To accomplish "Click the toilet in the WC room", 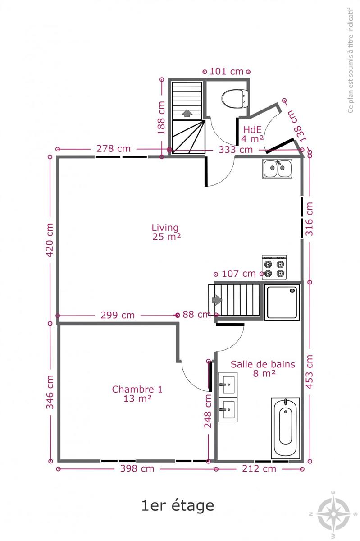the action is pos(234,99).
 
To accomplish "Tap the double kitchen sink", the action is pos(277,168).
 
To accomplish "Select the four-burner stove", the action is pos(274,267).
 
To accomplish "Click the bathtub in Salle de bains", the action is pos(285,428).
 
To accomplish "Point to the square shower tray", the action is pos(282,303).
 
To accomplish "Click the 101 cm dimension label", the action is pos(226,72).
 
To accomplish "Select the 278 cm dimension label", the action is pos(114,149).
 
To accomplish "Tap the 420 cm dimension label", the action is pos(50,240).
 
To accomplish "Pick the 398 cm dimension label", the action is pos(137,468).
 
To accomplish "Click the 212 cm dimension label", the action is pos(259,468).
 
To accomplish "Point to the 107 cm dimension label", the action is pos(238,274).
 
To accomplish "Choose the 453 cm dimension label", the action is pos(309,372).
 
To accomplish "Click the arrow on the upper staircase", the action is pos(187,113).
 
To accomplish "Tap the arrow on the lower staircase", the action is pos(217,300).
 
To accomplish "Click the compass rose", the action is pos(333,513).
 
